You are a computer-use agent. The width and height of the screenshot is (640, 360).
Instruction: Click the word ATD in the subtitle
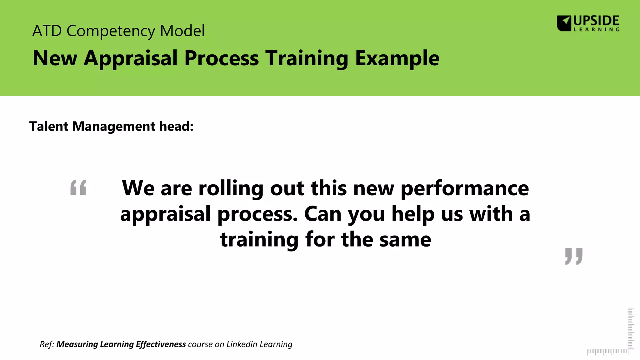tap(47, 31)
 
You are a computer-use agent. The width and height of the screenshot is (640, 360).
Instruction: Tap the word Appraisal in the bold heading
tap(131, 58)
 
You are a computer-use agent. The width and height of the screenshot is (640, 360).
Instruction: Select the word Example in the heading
tap(397, 58)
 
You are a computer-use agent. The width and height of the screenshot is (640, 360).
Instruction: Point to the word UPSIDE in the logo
tap(596, 21)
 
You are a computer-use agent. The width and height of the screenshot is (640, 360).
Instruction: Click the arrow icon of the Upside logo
tap(564, 23)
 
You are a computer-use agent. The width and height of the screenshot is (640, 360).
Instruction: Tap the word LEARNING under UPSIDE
tap(596, 30)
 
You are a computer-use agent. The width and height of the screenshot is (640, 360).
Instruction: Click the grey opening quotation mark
tap(78, 187)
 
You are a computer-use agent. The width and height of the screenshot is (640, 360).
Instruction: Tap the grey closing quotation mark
tap(574, 256)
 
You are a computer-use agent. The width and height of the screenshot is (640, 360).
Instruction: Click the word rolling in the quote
tap(231, 188)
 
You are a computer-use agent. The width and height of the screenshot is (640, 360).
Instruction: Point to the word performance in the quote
tap(465, 189)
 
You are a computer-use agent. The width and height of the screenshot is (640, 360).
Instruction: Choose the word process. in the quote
tap(257, 215)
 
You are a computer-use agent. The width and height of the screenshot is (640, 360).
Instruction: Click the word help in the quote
tap(413, 215)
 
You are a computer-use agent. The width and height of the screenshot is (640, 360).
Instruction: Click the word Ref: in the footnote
tap(47, 344)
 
